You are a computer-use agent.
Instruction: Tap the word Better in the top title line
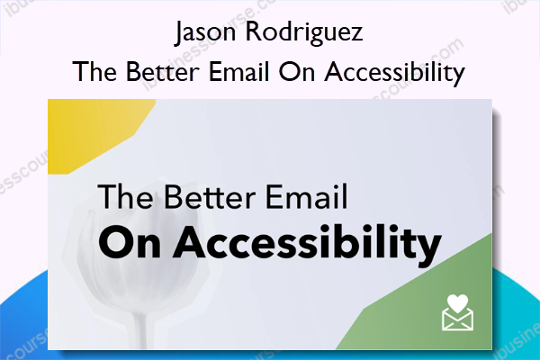163,72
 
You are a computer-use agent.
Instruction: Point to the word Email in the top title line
239,72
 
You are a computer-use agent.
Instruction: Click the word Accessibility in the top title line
395,74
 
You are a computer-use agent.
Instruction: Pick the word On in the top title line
296,72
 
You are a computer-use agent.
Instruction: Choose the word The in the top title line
94,72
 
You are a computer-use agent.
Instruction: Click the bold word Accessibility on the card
308,243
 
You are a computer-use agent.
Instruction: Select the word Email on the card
307,196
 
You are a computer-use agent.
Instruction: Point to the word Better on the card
210,196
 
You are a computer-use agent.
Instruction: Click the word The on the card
125,196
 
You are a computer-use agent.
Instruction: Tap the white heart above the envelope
458,303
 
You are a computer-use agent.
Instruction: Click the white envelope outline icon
458,319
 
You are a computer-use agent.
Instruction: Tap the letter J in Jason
179,33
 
